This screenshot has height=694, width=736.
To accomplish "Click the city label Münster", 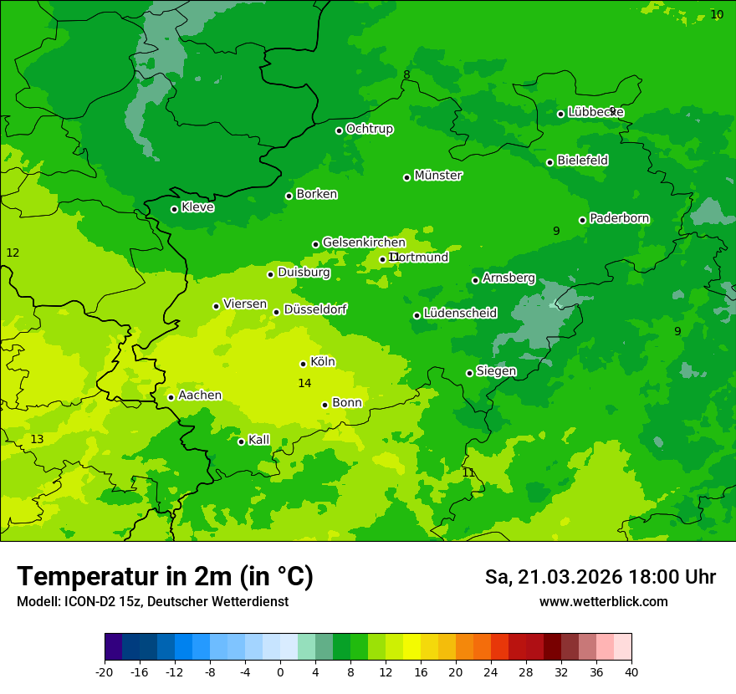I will tap(437, 176).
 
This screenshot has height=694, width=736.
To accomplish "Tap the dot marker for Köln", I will tap(303, 364).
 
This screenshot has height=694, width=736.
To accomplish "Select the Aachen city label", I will tap(200, 395).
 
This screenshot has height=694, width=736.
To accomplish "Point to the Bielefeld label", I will tap(582, 160).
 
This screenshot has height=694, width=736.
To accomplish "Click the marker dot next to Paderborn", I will tap(582, 220).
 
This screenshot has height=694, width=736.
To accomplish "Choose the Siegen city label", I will tap(496, 371).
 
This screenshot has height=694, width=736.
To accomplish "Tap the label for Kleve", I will tap(197, 207).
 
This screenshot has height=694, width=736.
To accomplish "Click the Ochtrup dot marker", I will tap(339, 130).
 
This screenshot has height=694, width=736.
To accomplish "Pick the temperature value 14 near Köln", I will tap(304, 383).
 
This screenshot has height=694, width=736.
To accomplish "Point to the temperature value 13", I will tap(37, 439).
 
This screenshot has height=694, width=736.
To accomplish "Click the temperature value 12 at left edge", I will tap(13, 253).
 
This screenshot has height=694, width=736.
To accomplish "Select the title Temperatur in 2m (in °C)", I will tap(165, 577).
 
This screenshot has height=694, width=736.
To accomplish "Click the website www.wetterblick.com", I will tap(603, 601).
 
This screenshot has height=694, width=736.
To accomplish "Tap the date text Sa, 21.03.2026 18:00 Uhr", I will tap(600, 577).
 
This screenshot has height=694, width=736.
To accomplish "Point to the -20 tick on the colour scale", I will tap(105, 672).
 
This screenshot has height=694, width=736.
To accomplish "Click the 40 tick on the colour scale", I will tap(631, 672).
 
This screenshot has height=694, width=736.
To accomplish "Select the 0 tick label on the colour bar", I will tap(280, 672).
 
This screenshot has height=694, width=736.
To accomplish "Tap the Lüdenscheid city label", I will tap(460, 314).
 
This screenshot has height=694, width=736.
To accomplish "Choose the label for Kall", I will tap(258, 440).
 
